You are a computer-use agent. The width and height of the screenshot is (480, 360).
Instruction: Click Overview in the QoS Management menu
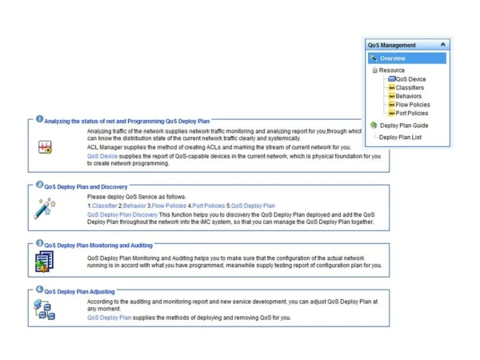(393, 58)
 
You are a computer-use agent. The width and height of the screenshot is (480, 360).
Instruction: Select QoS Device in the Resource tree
(410, 79)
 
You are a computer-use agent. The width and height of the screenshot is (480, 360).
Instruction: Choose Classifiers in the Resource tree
(410, 88)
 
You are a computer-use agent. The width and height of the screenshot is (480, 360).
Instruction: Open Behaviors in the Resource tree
(408, 96)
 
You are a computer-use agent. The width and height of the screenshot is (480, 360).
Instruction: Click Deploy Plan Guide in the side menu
(404, 125)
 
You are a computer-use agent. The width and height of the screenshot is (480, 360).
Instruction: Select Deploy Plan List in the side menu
(401, 137)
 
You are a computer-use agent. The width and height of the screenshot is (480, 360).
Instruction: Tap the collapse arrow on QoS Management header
(443, 46)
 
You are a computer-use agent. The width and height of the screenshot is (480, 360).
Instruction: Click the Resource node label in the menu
(392, 70)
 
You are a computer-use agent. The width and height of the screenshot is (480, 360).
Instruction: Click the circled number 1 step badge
(39, 119)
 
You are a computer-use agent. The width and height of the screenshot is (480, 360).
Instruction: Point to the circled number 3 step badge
(39, 242)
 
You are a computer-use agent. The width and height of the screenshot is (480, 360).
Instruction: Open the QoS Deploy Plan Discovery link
(122, 214)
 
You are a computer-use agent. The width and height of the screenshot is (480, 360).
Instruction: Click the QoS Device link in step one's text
(102, 156)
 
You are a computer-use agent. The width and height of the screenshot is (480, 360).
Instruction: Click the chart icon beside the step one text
(44, 147)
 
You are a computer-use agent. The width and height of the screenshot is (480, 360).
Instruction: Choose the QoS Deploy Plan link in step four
(109, 318)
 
